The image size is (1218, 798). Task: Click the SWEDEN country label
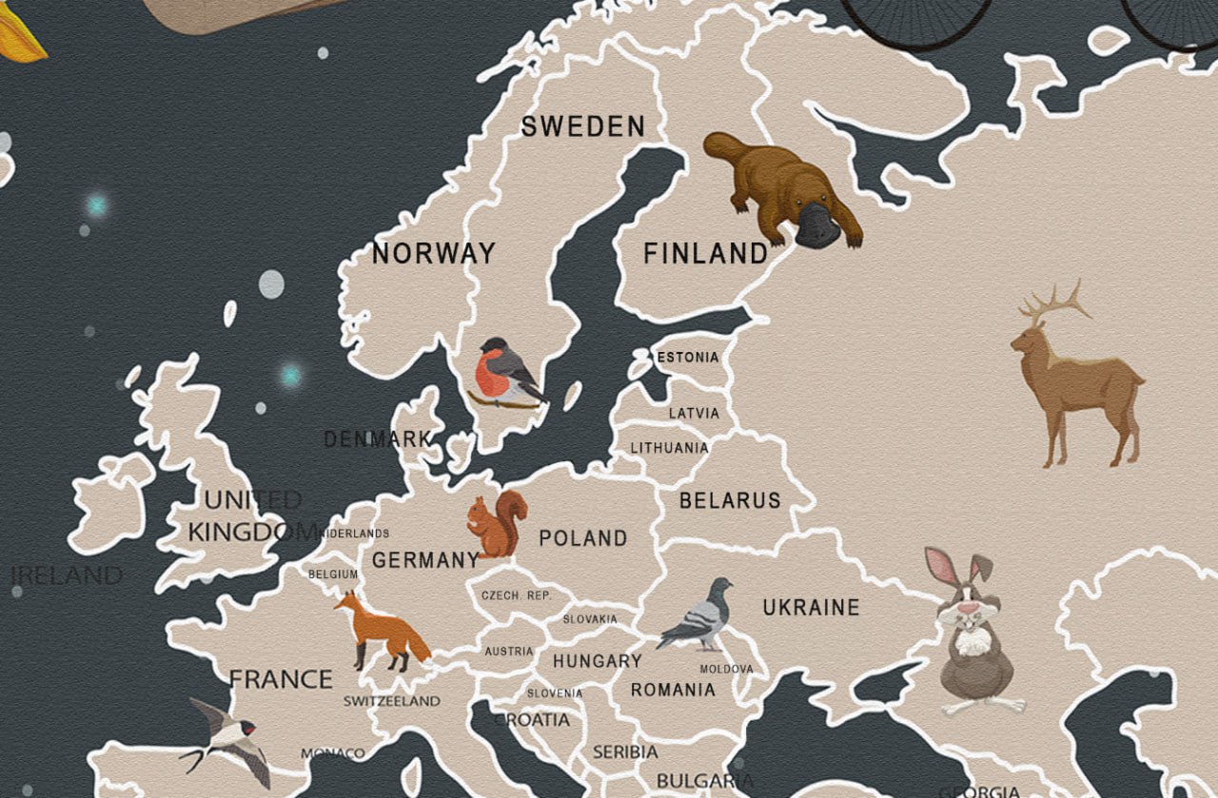pos(582,127)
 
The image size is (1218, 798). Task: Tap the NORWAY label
pos(433,253)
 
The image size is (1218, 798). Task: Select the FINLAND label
pos(705,254)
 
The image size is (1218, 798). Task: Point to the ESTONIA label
pos(688,358)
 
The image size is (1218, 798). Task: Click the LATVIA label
pos(694,414)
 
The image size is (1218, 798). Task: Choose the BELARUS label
pos(730,500)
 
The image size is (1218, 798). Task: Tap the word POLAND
pos(583,538)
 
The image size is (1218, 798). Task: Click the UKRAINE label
pos(811,607)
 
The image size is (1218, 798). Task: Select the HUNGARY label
pos(598,660)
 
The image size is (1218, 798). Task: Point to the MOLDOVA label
pos(726,669)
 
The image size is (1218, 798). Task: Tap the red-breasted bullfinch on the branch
pos(504,372)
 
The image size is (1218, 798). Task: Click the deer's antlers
pos(1054,302)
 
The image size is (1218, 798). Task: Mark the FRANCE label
pos(281,679)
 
